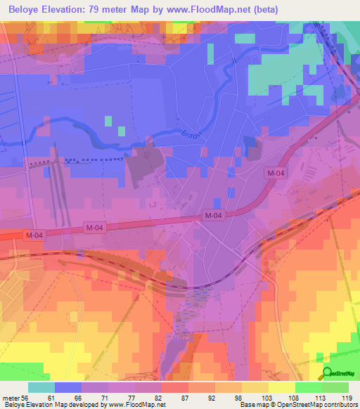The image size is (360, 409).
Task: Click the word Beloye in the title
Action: click(x=22, y=9)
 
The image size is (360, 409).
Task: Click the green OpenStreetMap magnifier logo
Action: click(x=328, y=373)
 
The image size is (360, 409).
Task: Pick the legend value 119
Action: click(x=347, y=397)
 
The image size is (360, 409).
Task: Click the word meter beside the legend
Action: click(x=11, y=397)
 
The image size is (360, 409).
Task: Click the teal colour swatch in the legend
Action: click(x=41, y=387)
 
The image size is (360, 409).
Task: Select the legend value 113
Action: click(x=320, y=397)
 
